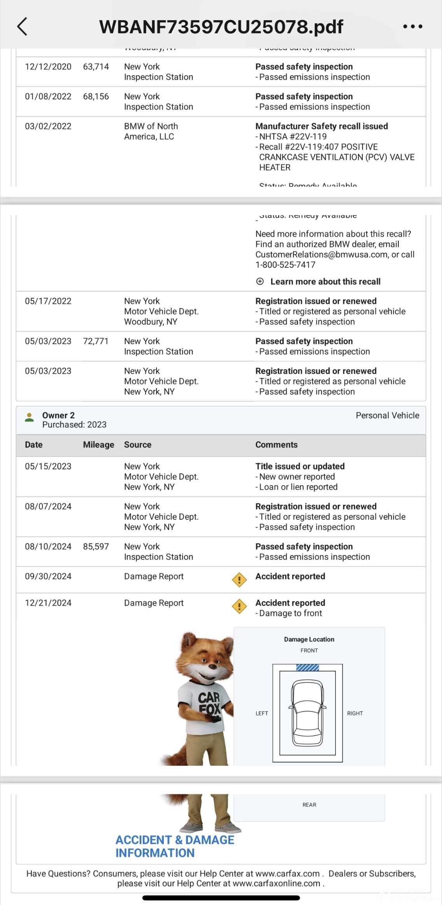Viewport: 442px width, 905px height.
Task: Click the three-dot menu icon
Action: [412, 26]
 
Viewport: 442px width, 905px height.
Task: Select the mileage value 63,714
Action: [96, 67]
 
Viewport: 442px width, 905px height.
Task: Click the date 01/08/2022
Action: [48, 97]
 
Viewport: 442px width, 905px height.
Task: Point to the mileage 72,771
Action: [96, 341]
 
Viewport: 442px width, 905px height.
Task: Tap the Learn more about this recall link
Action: [325, 281]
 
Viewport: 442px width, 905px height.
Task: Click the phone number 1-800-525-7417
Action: [285, 265]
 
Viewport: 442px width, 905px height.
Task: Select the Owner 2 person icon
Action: [29, 417]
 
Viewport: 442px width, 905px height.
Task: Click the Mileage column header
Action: [98, 445]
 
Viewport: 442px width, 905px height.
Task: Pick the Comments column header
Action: [276, 445]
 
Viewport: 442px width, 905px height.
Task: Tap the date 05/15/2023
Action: [48, 466]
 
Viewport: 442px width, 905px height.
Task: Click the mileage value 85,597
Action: [96, 547]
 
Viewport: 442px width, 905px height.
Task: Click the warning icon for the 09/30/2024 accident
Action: [239, 580]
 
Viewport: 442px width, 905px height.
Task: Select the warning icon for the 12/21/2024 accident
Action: [239, 606]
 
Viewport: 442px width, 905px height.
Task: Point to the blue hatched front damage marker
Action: [307, 668]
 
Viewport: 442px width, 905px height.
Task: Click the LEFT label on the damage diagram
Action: [261, 713]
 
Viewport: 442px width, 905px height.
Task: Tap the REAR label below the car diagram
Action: [309, 805]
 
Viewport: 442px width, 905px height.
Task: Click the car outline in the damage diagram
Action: [307, 712]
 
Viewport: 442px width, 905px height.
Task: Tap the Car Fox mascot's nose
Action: [212, 666]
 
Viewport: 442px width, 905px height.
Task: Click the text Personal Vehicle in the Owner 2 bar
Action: [387, 415]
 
